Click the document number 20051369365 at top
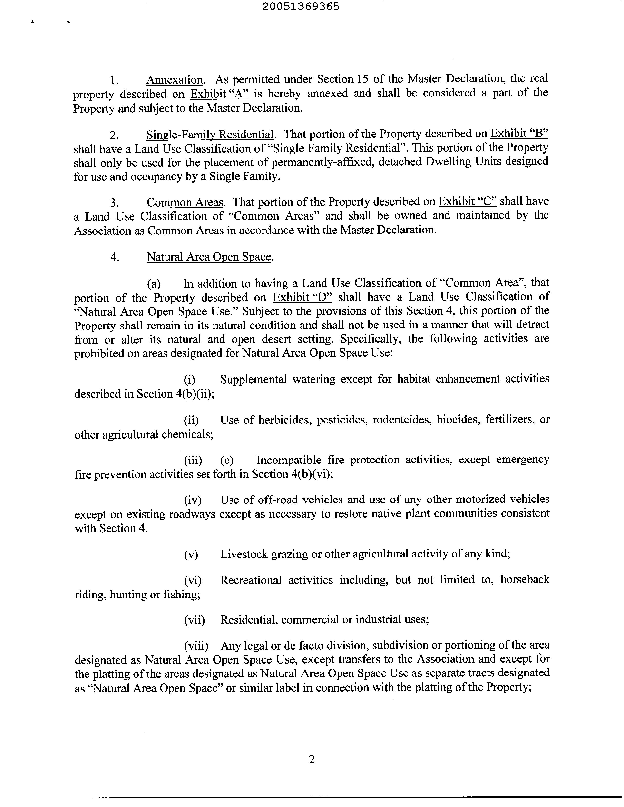coord(301,6)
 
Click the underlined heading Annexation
coord(175,80)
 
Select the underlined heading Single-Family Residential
coord(210,134)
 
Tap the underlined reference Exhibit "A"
coord(219,94)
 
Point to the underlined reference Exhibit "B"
coord(519,133)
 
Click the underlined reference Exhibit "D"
coord(302,297)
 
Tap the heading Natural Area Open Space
coord(209,257)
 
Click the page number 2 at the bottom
coord(312,759)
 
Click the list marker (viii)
coord(196,645)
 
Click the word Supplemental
coord(253,379)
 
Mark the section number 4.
coord(115,257)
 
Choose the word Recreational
coord(251,580)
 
